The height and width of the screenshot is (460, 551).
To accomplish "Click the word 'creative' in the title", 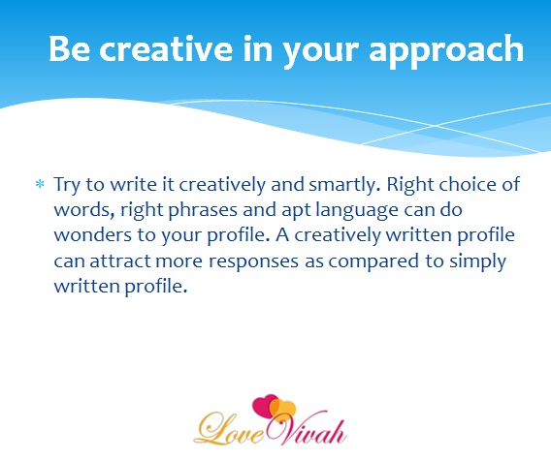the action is click(166, 48).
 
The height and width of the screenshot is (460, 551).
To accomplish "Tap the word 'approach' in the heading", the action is click(446, 52).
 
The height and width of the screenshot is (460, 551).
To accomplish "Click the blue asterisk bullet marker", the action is click(40, 183).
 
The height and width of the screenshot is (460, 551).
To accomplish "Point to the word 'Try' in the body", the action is click(67, 185).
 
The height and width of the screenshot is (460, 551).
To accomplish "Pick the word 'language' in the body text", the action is click(357, 210).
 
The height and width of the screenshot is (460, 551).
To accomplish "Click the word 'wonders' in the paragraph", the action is click(92, 235).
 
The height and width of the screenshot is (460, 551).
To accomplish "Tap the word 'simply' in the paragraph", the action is click(477, 262).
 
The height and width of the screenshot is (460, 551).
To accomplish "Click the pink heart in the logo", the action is click(264, 406).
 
